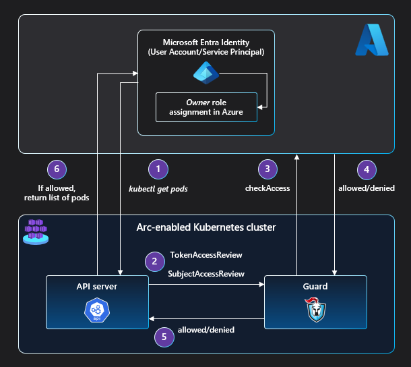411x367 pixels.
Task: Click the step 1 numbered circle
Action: point(158,169)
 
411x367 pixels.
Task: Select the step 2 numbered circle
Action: point(154,261)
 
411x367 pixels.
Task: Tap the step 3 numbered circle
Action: point(267,169)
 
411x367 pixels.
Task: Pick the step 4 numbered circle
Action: point(366,169)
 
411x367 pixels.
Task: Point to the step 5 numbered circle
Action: point(164,336)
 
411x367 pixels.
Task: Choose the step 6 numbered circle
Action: point(56,169)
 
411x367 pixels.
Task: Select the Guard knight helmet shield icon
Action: point(315,309)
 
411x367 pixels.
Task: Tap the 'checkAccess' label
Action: point(267,188)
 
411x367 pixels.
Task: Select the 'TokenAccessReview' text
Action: point(205,255)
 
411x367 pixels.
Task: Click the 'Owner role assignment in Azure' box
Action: point(206,107)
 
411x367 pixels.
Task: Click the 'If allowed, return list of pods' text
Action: point(56,192)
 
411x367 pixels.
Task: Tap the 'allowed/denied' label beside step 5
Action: point(206,330)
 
